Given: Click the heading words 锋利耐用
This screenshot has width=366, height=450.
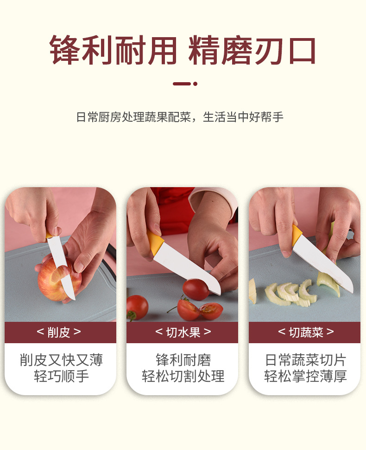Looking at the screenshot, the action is coord(113,51).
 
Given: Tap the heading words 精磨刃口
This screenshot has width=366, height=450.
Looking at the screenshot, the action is coord(252,51).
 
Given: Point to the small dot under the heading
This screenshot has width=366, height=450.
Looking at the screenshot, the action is coord(196,84).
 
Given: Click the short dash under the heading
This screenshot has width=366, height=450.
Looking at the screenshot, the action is coord(182,84).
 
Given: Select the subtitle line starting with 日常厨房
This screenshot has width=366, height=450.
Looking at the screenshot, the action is coord(180,117).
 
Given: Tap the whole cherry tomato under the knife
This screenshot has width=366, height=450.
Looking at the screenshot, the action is coord(196,289).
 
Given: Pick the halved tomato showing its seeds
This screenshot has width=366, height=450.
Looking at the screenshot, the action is coord(211,311).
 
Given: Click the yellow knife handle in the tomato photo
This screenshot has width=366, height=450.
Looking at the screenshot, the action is coord(155,243).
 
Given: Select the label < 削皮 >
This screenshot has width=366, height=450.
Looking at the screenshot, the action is coord(59,332).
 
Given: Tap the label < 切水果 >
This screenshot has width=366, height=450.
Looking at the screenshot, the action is coord(183,332).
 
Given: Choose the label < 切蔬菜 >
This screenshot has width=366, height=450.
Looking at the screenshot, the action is coord(306,332).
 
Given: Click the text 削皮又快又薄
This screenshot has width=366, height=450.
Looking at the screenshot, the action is coord(61,360).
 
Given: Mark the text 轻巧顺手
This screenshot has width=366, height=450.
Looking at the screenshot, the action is coord(61,376).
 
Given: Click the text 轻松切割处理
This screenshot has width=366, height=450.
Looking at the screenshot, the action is coord(183,376).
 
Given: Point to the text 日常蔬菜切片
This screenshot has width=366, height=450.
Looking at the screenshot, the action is coord(306,360).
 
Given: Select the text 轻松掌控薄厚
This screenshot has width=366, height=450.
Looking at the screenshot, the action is coord(306,376).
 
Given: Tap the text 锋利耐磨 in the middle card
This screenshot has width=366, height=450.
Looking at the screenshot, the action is coord(183,360).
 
